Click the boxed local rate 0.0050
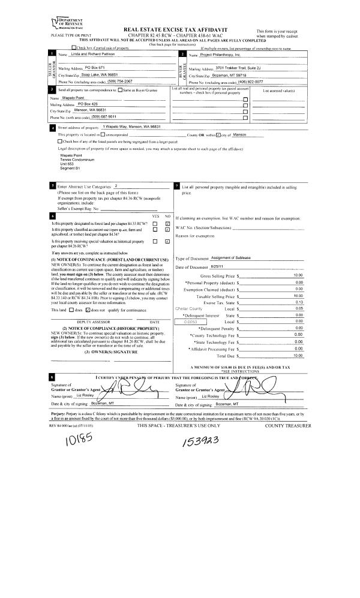click(x=182, y=322)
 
